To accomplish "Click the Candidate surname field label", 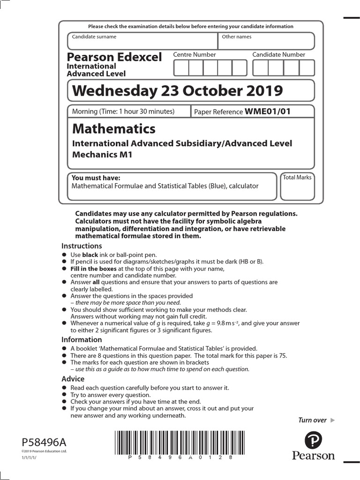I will point(94,37).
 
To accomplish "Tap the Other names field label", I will point(237,37).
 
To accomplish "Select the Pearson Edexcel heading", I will point(114,57).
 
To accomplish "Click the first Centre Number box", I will point(181,68).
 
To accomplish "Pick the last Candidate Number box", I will point(307,68).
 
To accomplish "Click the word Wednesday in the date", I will point(110,91).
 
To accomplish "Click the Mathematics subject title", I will point(113,128).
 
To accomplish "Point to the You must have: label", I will point(96,178).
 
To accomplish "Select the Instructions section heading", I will point(82,246).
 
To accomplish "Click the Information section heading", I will point(82,339).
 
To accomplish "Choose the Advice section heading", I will point(73,379).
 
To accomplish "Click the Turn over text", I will point(313,420).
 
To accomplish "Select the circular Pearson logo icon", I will point(313,441).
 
